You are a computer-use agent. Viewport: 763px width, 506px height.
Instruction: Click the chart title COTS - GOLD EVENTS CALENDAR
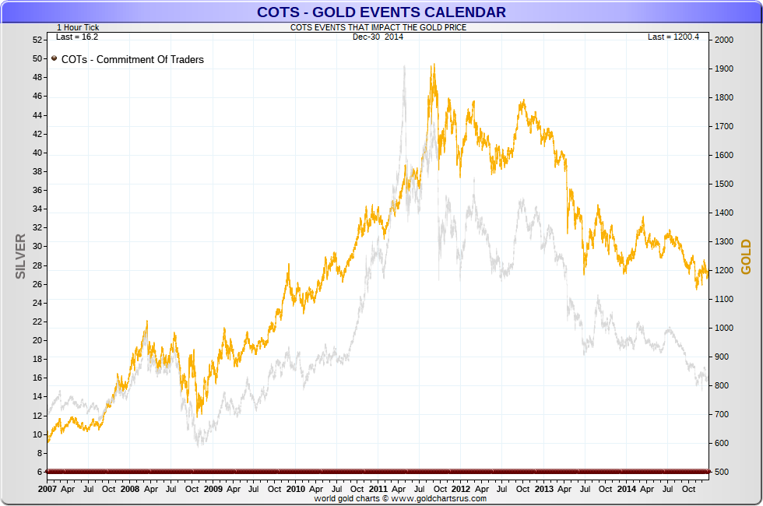381,12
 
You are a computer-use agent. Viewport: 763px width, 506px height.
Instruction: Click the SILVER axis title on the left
21,256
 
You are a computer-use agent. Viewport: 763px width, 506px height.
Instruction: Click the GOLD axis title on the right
746,256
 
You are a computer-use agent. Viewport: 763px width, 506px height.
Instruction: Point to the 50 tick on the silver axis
37,58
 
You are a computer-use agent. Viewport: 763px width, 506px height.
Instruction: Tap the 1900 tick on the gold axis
724,69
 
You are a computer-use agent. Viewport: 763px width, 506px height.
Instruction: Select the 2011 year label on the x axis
378,489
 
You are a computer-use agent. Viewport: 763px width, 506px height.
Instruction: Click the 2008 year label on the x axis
130,489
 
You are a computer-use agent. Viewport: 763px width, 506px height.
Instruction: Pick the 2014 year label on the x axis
626,489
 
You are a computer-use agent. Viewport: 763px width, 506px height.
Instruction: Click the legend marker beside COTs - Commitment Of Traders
54,58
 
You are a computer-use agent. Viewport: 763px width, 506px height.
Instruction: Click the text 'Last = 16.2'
77,37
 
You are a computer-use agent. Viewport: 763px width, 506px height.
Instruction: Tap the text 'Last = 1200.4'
673,37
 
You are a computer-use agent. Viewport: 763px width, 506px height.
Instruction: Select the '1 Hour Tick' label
78,27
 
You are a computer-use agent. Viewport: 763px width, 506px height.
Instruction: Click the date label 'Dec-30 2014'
377,37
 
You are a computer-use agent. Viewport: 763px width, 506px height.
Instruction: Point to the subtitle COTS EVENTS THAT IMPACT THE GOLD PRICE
378,27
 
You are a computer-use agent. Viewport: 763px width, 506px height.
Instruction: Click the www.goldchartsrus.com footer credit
400,498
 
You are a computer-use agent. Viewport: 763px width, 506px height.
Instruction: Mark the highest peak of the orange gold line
433,65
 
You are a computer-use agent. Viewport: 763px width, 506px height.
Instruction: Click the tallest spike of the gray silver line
404,67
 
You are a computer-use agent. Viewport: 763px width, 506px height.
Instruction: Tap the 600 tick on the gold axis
722,444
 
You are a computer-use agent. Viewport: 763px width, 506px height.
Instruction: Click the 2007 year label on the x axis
47,489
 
